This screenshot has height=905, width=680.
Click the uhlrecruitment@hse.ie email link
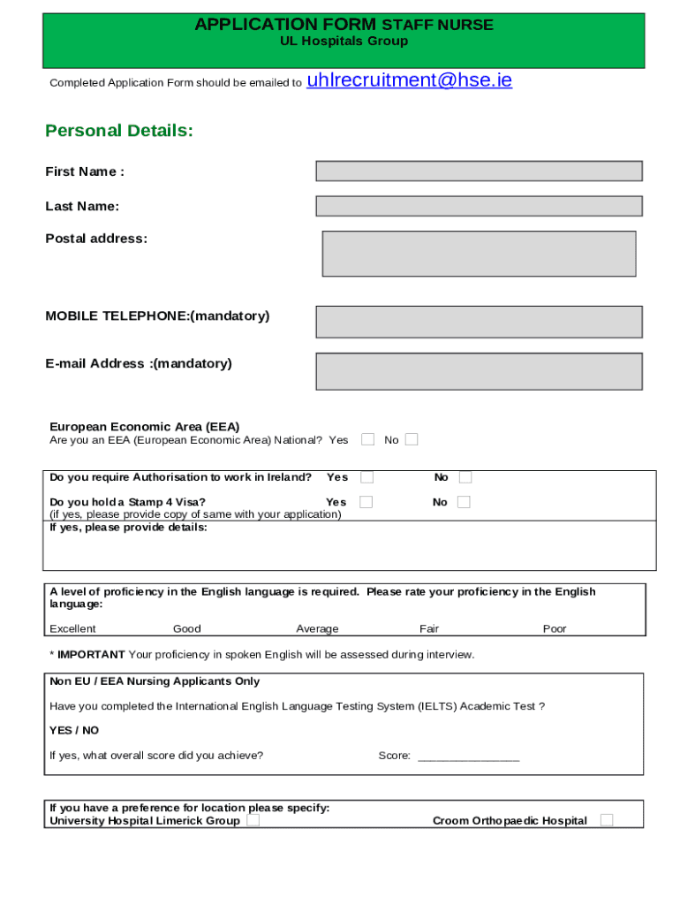point(409,80)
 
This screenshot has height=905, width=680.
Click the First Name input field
point(479,171)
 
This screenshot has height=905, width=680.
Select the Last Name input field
point(479,206)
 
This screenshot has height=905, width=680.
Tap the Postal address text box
point(479,254)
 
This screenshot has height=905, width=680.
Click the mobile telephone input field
point(479,322)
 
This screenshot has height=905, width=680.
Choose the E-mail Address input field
point(479,371)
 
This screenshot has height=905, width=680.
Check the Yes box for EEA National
point(368,439)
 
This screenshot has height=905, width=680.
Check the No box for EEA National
point(412,439)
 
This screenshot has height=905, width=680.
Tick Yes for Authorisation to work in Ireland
point(366,477)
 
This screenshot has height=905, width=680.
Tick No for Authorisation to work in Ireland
point(465,477)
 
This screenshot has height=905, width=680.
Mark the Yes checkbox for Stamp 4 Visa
point(366,502)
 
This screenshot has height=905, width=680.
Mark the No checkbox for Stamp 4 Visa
point(464,502)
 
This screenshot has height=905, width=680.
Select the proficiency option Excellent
point(72,629)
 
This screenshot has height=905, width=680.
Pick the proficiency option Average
point(317,629)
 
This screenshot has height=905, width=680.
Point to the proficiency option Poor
point(555,629)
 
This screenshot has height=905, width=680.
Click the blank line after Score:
point(468,757)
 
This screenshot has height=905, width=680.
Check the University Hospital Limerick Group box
point(253,820)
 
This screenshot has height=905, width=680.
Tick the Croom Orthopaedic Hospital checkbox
point(607,820)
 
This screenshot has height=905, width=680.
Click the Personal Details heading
point(119,131)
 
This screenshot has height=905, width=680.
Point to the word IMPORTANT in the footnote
point(91,655)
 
